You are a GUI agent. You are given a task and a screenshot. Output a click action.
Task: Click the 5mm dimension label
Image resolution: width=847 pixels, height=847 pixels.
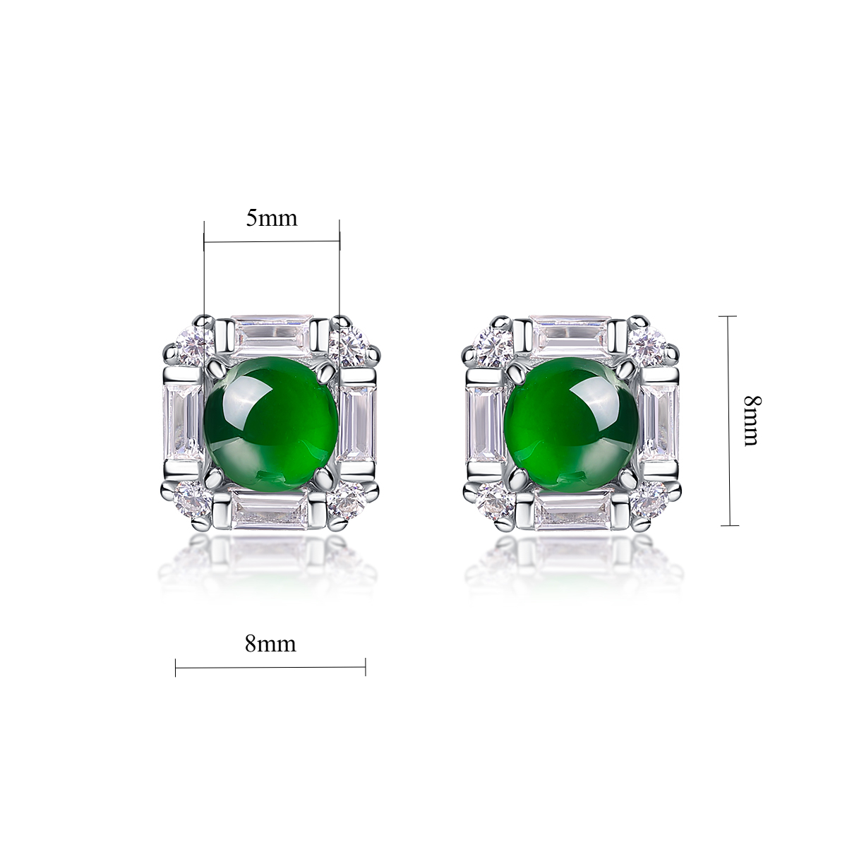coord(271,218)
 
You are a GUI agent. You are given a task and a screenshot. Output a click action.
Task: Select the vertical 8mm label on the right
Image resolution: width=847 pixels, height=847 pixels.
coord(752,421)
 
